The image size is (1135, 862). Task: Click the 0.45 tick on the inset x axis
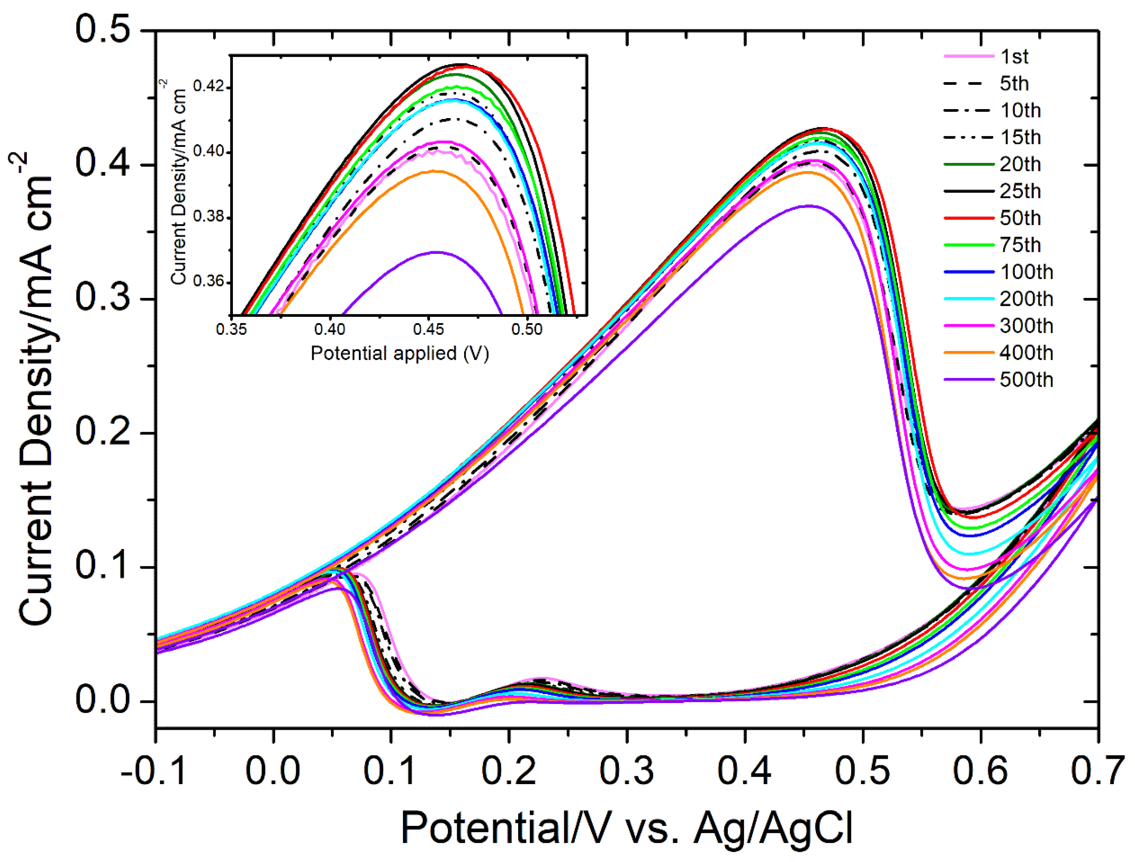tap(428, 328)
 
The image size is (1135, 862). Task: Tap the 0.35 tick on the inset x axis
tap(232, 328)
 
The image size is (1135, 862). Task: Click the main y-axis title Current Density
tap(36, 390)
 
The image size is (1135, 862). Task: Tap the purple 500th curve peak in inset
tap(437, 252)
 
